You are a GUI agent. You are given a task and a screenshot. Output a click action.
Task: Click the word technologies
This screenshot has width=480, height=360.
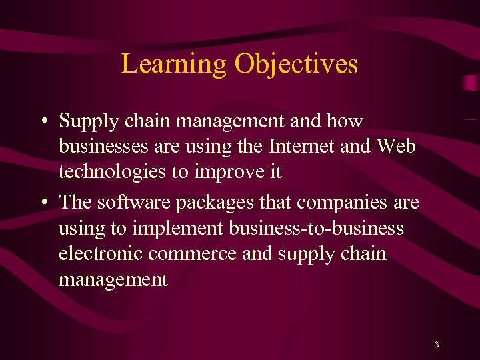tap(112, 172)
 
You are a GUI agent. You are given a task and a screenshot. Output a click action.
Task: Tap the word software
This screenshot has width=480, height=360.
tap(131, 203)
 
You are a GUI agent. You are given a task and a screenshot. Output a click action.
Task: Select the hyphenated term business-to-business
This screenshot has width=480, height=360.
tap(316, 229)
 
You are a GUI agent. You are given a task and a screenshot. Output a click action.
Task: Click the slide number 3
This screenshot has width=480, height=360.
tap(436, 345)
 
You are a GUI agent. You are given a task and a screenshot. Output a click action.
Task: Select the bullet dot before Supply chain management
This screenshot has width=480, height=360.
tap(42, 122)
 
